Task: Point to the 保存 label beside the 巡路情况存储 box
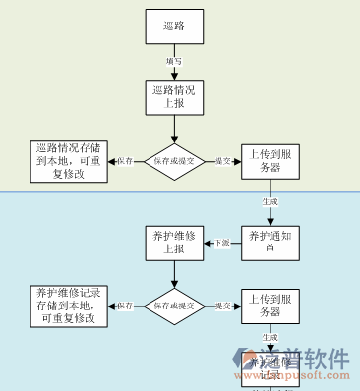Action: pyautogui.click(x=124, y=161)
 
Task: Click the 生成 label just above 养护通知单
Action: pyautogui.click(x=270, y=201)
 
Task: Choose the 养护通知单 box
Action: pyautogui.click(x=270, y=243)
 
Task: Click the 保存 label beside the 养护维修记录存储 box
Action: pyautogui.click(x=124, y=307)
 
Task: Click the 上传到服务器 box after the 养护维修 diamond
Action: pyautogui.click(x=270, y=306)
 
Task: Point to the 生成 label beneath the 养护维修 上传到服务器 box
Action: pyautogui.click(x=270, y=337)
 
